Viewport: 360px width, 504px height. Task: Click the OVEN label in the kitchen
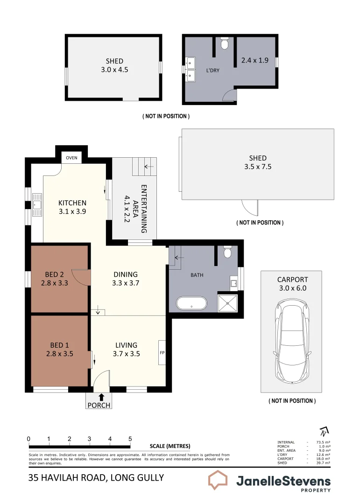pos(72,158)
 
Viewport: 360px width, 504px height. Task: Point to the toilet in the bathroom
pos(227,252)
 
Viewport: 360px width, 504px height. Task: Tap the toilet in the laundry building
pos(225,44)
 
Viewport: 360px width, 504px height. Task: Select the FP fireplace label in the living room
pos(162,352)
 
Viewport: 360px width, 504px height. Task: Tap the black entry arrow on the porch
pos(102,397)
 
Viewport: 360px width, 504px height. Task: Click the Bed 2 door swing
pos(83,277)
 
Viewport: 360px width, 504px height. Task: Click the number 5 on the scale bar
pos(130,439)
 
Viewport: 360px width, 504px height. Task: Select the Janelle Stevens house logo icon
pos(218,480)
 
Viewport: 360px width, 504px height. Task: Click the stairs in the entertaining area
pos(145,166)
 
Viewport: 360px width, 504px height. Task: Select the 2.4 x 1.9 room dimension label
pos(254,60)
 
